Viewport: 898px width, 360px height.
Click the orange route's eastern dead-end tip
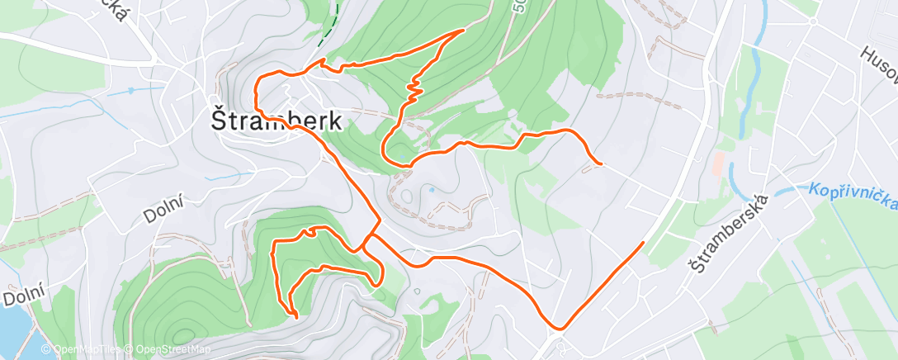[602, 164]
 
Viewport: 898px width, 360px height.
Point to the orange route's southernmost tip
[296, 315]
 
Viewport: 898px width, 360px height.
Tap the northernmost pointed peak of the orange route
[463, 30]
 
